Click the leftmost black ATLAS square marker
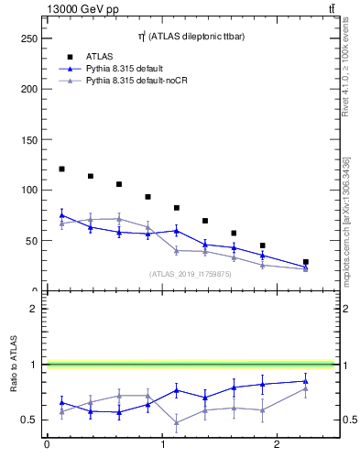point(61,169)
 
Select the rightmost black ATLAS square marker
point(305,262)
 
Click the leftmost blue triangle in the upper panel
point(61,215)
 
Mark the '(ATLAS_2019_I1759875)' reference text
point(190,273)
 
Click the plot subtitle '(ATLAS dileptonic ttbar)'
point(190,36)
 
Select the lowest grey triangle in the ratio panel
point(176,423)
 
